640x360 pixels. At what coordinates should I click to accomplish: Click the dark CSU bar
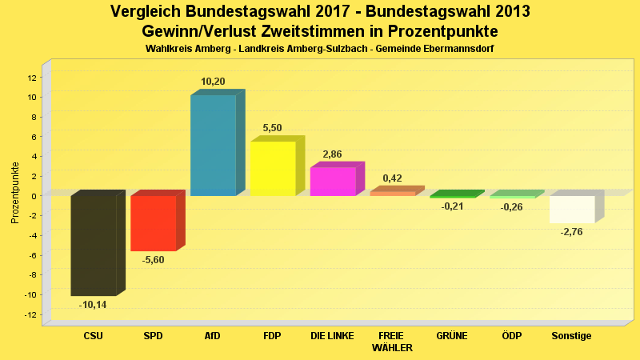click(x=94, y=246)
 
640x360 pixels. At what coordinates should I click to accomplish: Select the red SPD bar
click(x=153, y=223)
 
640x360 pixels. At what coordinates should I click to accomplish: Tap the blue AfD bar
click(x=213, y=145)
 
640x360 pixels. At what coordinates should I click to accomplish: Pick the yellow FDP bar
click(x=273, y=168)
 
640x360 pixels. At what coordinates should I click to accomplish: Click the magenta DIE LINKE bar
click(x=333, y=182)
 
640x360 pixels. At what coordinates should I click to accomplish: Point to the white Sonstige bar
click(x=572, y=209)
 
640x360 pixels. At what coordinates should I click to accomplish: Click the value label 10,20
click(x=213, y=82)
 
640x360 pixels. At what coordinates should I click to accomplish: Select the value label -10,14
click(x=93, y=305)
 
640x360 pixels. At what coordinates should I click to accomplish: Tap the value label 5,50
click(x=272, y=128)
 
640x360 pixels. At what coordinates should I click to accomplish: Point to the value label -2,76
click(x=572, y=232)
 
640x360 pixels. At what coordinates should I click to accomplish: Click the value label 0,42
click(x=392, y=178)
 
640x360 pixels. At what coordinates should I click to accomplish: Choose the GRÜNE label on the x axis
click(x=452, y=336)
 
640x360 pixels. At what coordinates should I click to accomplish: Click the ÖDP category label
click(x=512, y=336)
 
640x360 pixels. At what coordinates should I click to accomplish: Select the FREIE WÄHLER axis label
click(x=392, y=342)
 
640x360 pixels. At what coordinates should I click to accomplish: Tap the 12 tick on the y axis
click(x=32, y=78)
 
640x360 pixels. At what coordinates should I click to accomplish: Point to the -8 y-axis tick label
click(x=32, y=275)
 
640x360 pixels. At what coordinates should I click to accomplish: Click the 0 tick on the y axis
click(x=34, y=196)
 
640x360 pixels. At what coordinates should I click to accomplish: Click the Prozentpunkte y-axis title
click(x=15, y=194)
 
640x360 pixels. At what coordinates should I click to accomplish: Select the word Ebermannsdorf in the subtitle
click(x=454, y=49)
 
